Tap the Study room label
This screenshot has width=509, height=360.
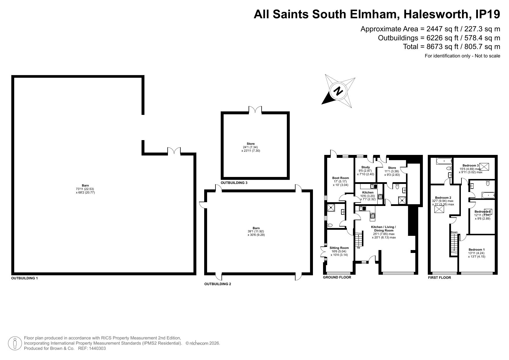365,167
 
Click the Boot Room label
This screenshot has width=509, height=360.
340,178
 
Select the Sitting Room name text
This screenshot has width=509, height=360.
339,248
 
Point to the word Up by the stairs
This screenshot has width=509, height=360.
358,247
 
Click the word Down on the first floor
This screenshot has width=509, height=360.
454,232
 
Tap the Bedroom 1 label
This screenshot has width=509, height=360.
477,250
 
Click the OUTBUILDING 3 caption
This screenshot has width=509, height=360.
234,183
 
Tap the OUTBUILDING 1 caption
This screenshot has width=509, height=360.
25,278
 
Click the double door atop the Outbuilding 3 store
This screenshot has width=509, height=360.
255,110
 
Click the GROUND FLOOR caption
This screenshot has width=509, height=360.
337,277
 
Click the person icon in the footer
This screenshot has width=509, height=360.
15,343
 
